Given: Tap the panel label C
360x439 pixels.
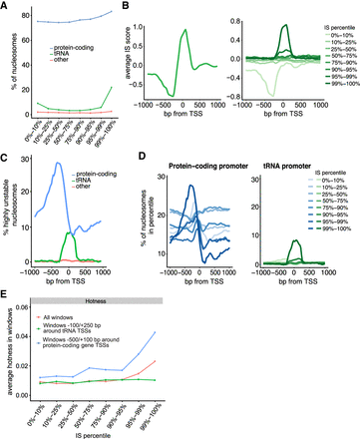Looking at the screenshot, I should tap(7, 155).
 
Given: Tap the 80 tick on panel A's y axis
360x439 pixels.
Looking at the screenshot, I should tap(24, 14).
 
